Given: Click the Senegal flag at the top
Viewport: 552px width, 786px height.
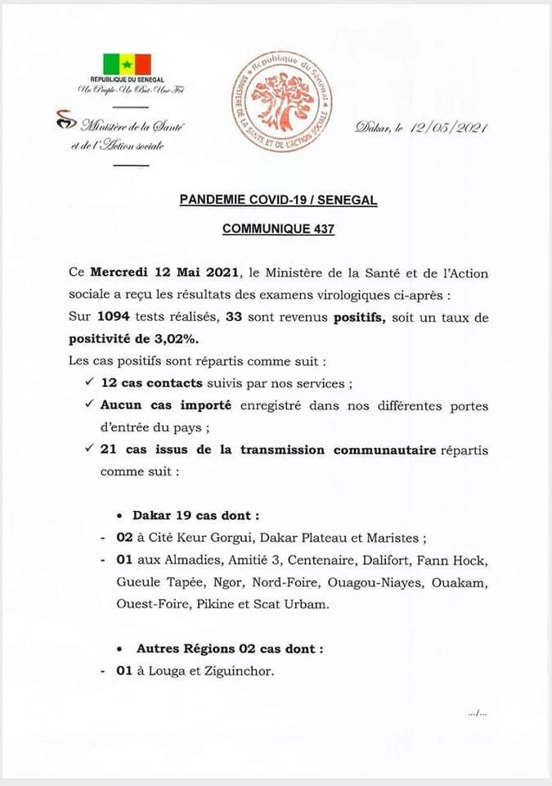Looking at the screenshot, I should click(127, 63).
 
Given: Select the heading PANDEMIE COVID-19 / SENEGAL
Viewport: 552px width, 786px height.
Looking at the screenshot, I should click(279, 201).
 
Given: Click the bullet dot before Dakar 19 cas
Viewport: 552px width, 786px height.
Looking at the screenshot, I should click(121, 517).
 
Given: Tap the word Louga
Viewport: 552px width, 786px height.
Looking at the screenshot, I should click(164, 672).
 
